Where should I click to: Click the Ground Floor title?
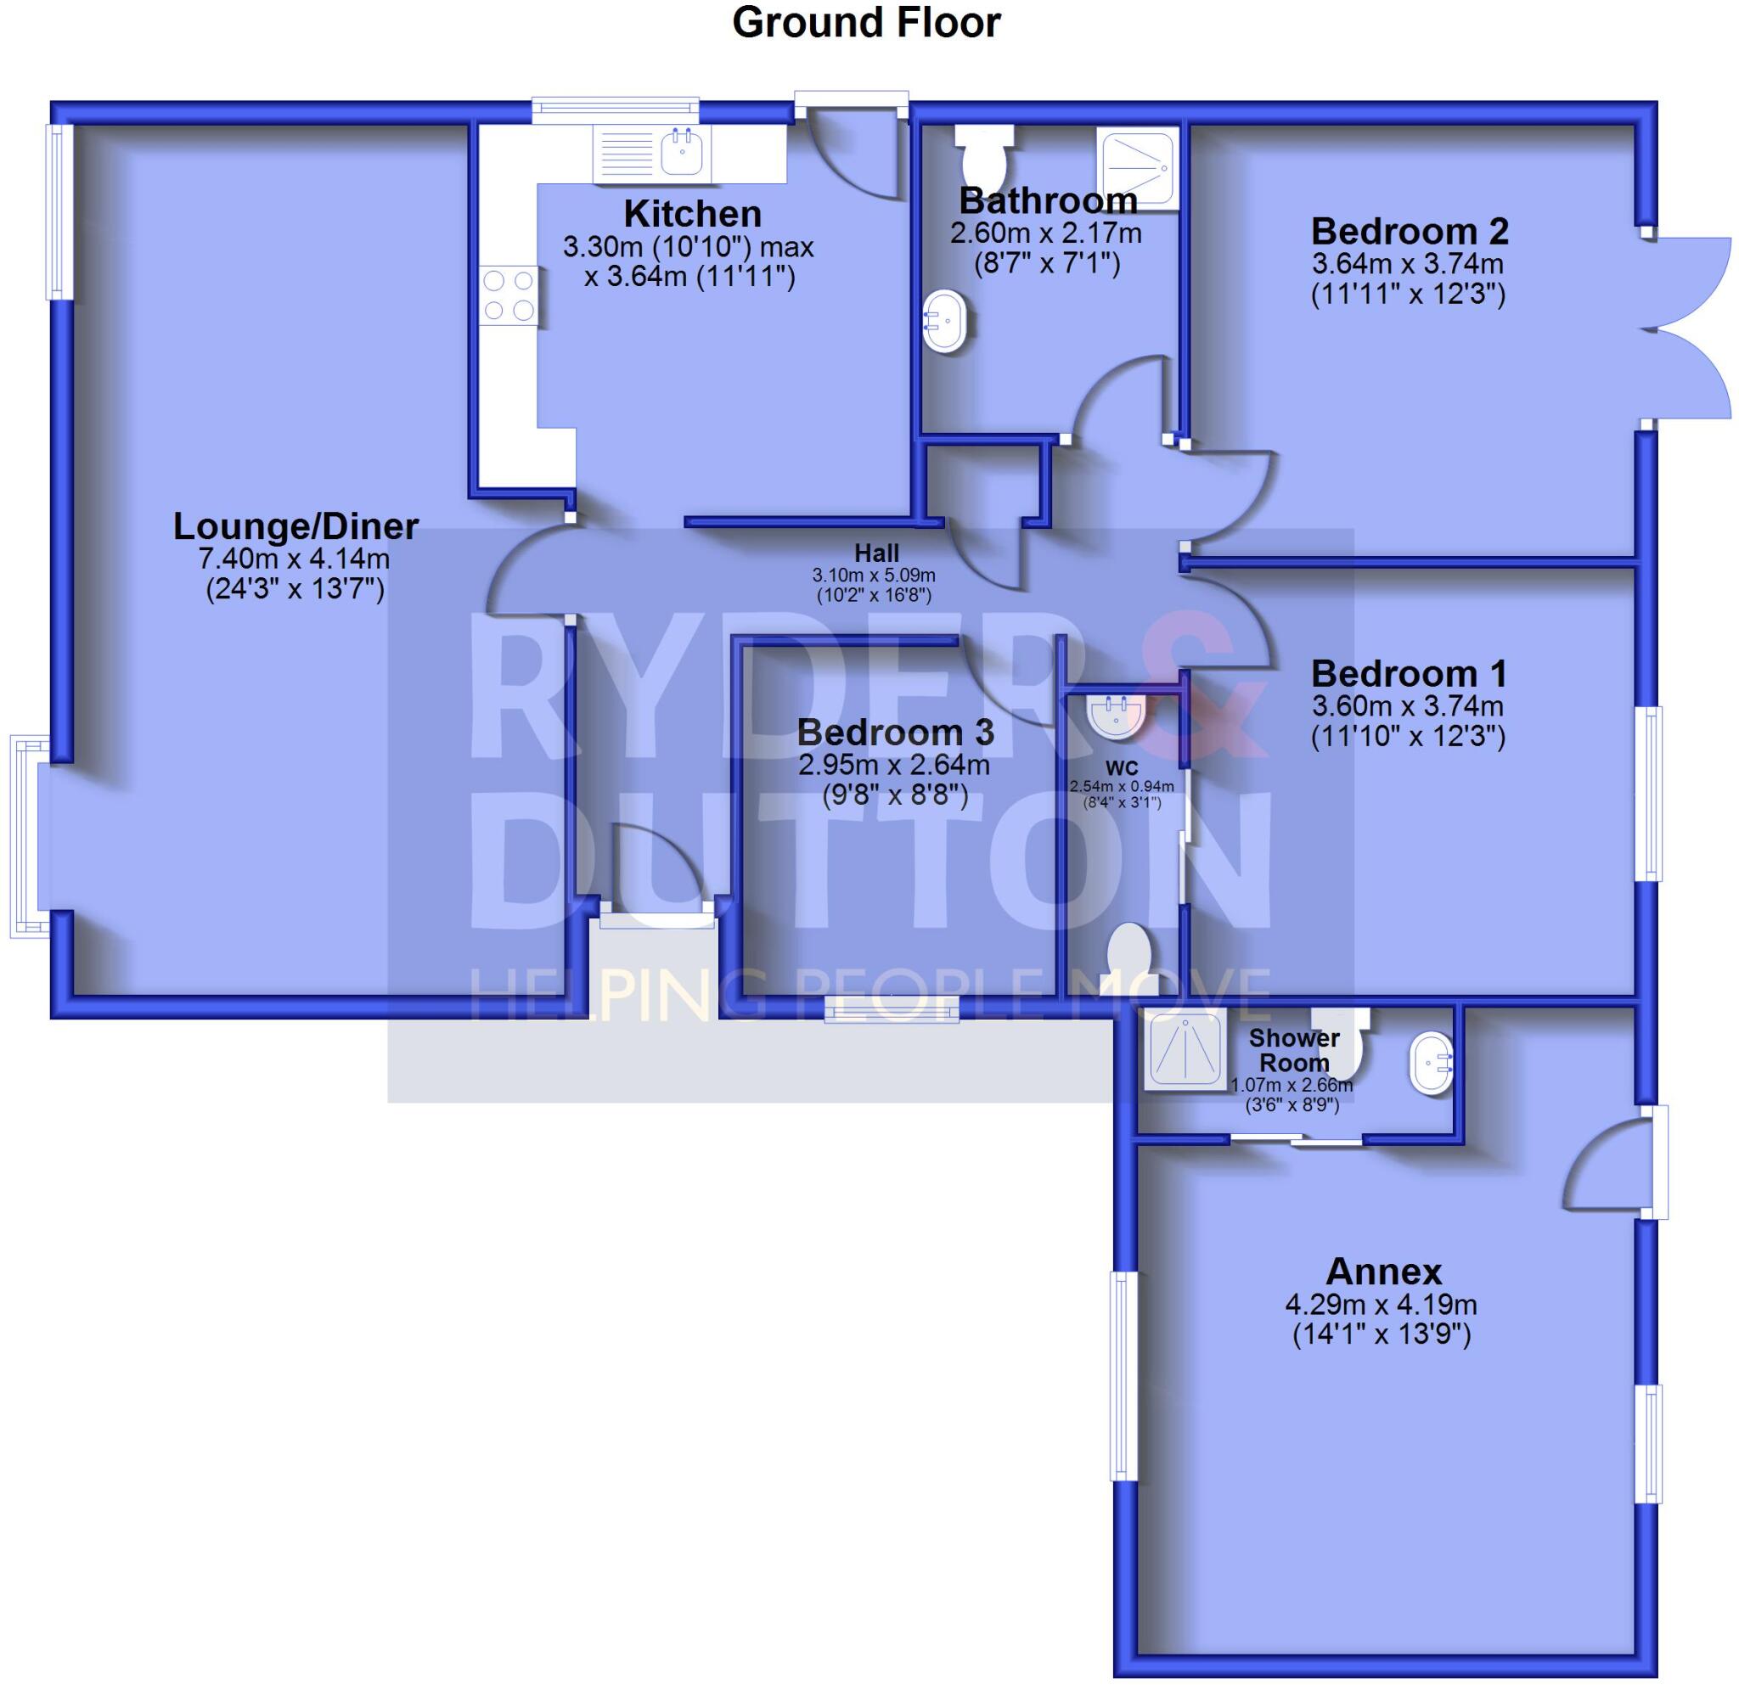(x=866, y=23)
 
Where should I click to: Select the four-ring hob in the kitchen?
(x=509, y=295)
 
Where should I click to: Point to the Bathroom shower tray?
(x=1139, y=167)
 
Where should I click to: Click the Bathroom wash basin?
(x=944, y=320)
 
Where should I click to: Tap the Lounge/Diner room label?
(x=295, y=527)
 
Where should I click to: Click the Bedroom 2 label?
(x=1409, y=232)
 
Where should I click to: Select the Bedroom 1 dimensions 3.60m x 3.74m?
(x=1407, y=706)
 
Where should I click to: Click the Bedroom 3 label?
(x=894, y=733)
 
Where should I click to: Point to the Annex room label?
(x=1383, y=1272)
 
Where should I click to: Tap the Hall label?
(x=875, y=553)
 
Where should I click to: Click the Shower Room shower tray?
(x=1185, y=1051)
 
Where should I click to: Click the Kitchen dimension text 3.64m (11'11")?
(x=689, y=277)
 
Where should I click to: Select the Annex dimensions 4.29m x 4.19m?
(x=1381, y=1305)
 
